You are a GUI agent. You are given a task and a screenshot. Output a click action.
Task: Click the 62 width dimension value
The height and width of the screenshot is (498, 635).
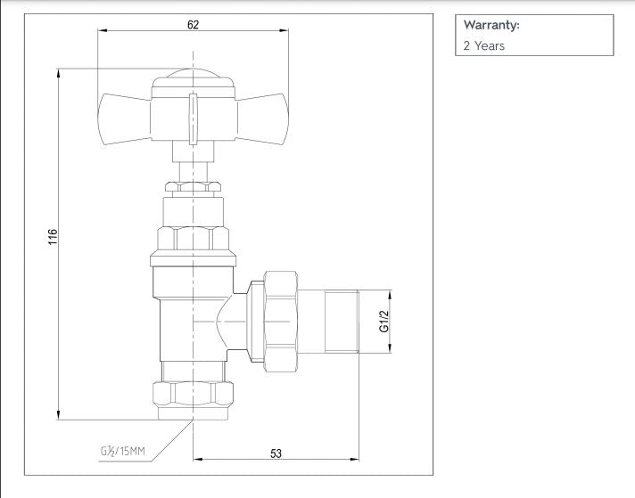[194, 24]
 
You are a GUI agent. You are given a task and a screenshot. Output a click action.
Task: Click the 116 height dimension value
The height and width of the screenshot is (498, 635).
[52, 238]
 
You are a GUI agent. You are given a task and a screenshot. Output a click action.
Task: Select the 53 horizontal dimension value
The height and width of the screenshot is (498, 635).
[276, 453]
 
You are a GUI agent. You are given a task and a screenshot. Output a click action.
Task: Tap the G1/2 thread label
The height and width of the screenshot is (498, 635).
[385, 322]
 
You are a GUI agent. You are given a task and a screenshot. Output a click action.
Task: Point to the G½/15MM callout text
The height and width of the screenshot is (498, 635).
[121, 453]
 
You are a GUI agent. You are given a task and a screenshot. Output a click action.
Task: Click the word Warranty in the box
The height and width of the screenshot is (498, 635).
[491, 25]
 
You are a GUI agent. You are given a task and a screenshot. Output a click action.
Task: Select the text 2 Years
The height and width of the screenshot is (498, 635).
[483, 45]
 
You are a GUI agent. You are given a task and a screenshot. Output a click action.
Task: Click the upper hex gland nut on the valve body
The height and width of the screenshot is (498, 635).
[194, 239]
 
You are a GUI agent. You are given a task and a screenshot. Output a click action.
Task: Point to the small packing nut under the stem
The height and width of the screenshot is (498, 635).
[194, 186]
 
